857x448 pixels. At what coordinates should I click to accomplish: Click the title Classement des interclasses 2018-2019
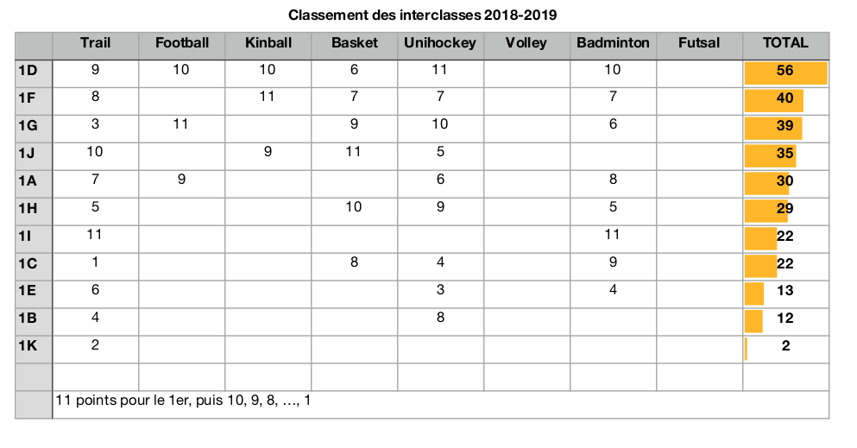click(428, 16)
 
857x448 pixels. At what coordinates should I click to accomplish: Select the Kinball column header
click(268, 43)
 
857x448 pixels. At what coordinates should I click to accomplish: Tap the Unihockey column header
click(440, 43)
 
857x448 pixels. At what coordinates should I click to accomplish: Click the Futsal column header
click(699, 43)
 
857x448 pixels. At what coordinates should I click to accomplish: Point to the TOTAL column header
click(785, 43)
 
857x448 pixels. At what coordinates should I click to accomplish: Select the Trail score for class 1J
click(95, 152)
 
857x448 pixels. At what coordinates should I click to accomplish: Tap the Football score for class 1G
click(180, 124)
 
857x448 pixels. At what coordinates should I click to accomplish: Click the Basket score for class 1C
click(354, 262)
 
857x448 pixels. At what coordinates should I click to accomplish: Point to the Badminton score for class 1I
click(613, 235)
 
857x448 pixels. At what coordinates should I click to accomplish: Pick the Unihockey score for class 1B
click(440, 318)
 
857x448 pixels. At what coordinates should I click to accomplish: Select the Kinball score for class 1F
click(268, 97)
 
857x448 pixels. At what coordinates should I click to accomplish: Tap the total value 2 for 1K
click(785, 347)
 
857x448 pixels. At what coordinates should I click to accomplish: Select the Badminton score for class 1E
click(613, 290)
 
